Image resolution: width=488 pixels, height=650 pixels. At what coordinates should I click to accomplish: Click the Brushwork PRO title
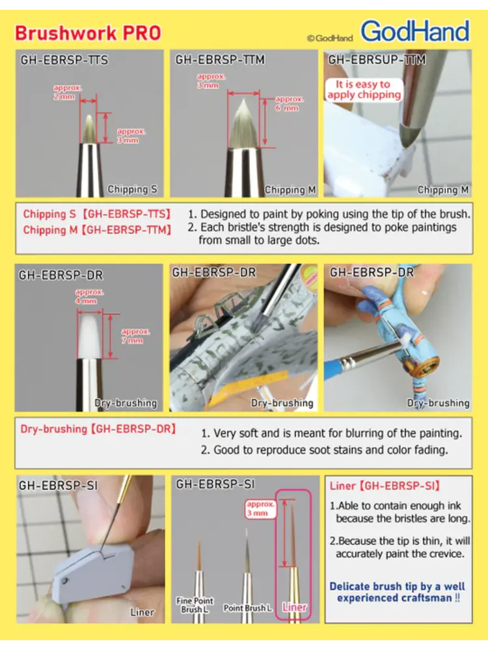88,33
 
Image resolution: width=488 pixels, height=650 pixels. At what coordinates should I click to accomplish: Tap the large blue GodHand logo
415,31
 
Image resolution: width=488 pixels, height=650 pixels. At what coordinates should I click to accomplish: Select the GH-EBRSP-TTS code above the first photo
64,60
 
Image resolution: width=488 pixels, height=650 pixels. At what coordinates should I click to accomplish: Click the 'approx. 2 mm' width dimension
64,92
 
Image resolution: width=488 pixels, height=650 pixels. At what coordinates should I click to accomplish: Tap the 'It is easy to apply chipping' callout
364,90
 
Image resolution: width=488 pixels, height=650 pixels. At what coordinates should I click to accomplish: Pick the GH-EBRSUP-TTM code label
377,60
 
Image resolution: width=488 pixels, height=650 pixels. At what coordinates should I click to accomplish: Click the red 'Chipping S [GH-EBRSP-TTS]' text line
97,214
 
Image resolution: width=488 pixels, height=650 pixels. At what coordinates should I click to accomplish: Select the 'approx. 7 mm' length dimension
133,336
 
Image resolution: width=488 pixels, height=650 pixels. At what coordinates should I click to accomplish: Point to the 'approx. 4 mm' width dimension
88,296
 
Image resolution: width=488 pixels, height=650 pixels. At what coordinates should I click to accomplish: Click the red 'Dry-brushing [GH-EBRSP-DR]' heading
98,428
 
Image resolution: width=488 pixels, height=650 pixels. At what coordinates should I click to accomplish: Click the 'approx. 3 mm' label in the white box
261,509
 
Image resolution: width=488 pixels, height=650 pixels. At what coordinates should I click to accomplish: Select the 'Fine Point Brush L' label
195,604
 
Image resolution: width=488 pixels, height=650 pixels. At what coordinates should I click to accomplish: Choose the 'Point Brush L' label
248,608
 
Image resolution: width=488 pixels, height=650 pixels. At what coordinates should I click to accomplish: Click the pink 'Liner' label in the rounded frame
295,607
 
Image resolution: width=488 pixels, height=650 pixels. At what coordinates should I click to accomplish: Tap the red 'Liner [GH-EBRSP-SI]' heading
385,486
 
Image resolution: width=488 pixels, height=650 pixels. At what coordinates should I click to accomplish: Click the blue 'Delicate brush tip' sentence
398,592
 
